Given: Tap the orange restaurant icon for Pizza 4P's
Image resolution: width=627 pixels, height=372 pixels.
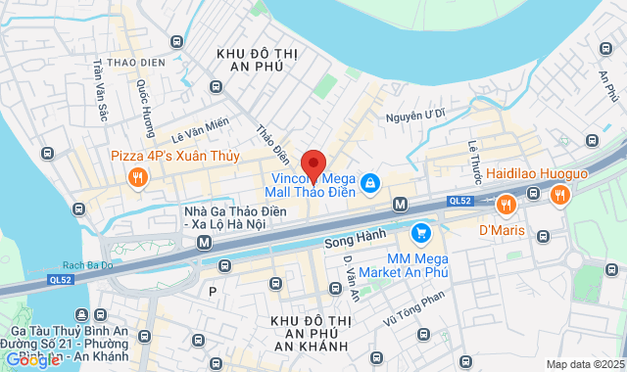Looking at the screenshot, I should tap(137, 177).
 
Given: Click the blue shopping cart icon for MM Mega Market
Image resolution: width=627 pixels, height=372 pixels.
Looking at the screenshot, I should tap(421, 232).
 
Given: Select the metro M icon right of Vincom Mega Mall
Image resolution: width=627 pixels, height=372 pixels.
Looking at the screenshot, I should tap(400, 204).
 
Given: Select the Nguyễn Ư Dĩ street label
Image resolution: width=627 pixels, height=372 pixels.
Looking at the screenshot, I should tap(415, 116).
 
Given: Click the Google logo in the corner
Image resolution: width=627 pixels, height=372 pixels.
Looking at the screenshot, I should tap(31, 359).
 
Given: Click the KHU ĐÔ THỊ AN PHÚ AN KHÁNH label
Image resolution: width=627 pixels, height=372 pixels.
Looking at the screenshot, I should tap(308, 334).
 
